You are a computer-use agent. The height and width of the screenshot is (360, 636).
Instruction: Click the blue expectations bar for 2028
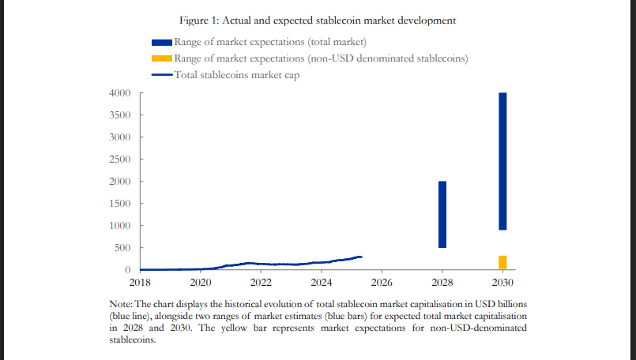[x=442, y=214]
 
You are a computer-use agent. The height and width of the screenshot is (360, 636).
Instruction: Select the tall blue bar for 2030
[x=502, y=161]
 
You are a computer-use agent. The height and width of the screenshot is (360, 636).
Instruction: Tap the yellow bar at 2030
[x=502, y=262]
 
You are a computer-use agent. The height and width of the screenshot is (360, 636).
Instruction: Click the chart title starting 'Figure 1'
[x=318, y=20]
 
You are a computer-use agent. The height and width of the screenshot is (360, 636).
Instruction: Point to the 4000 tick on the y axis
[x=120, y=93]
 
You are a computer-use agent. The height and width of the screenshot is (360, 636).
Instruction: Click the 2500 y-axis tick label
[x=120, y=159]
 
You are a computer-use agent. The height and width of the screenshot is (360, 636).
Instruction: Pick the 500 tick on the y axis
[x=123, y=248]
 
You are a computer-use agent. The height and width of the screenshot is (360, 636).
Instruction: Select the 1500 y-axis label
[x=120, y=204]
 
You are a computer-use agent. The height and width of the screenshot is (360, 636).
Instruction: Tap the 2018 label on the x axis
[x=140, y=282]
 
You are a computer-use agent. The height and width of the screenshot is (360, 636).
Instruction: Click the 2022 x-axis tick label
[x=261, y=282]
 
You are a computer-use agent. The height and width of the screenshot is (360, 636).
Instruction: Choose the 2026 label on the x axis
[x=382, y=282]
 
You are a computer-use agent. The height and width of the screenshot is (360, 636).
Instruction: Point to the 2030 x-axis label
[x=502, y=282]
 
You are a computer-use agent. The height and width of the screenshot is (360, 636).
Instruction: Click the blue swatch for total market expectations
[x=161, y=43]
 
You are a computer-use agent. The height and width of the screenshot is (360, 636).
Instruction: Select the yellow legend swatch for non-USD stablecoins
[x=161, y=59]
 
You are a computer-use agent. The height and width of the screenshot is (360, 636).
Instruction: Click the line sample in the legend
[x=161, y=76]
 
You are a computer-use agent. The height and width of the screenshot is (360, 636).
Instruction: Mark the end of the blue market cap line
[x=361, y=257]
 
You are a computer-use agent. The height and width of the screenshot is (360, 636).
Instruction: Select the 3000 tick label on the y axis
[x=120, y=137]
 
